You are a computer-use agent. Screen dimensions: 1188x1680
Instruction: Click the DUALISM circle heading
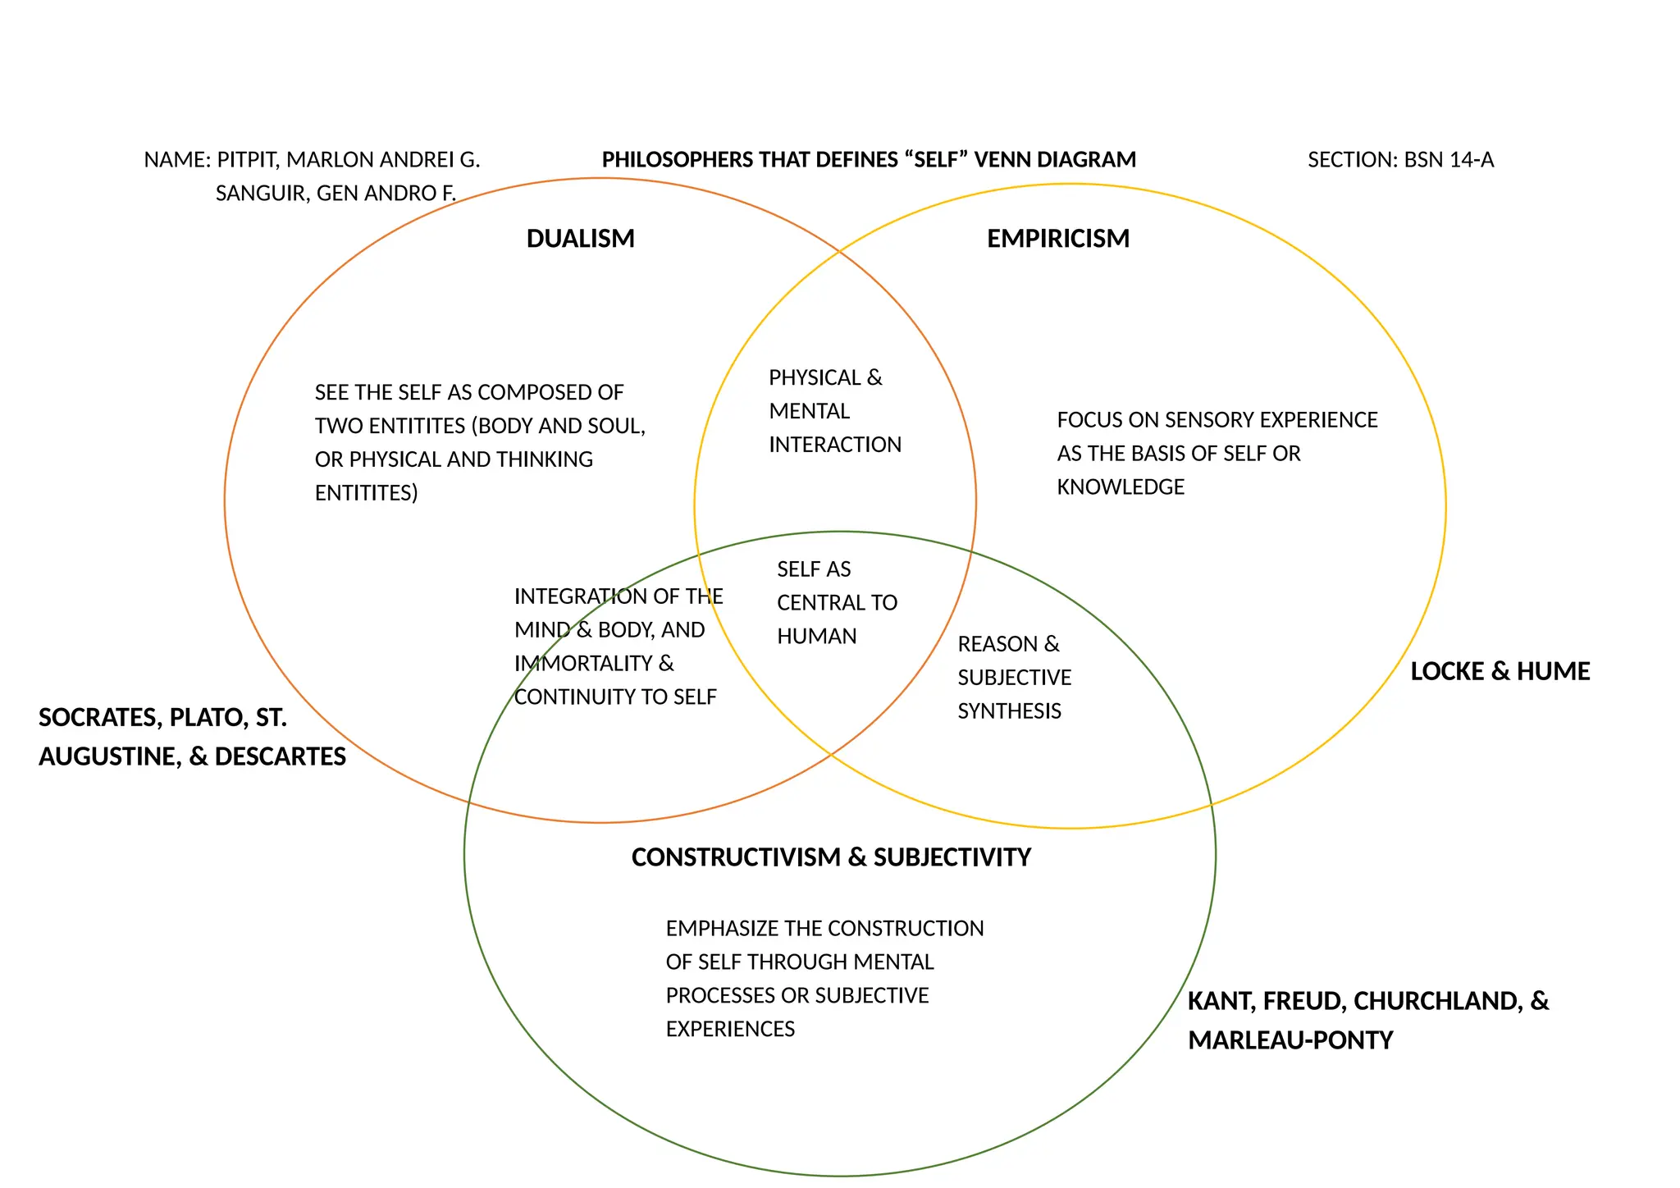click(580, 239)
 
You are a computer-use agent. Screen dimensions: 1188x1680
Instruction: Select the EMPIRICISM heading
click(1057, 239)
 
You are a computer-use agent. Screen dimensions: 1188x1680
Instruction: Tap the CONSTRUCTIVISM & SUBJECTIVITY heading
click(830, 857)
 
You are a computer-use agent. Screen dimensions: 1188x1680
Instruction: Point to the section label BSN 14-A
click(1449, 160)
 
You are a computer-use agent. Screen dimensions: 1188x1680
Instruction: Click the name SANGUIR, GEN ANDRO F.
click(336, 194)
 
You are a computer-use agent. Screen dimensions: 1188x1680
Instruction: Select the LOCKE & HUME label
click(1500, 672)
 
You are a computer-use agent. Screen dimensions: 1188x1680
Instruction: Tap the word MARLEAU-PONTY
click(1290, 1040)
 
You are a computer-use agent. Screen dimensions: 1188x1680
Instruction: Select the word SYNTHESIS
click(1009, 711)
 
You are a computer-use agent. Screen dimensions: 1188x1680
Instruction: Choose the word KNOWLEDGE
click(1120, 487)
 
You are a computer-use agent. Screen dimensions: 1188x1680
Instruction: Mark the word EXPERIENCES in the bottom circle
click(730, 1030)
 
